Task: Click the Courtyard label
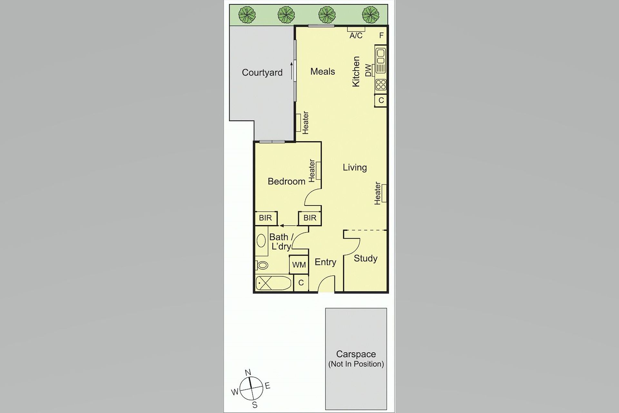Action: click(x=262, y=73)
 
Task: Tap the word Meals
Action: click(x=322, y=71)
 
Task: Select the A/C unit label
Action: click(x=356, y=35)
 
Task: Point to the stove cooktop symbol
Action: click(x=381, y=85)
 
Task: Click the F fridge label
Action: click(x=381, y=35)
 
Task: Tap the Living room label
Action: click(x=355, y=167)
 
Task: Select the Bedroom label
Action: click(x=286, y=181)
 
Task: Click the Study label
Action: click(x=365, y=258)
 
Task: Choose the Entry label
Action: click(x=325, y=262)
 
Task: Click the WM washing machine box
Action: click(x=299, y=265)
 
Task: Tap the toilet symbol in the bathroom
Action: click(x=261, y=265)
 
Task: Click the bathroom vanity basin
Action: click(x=260, y=240)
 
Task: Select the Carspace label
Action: click(x=356, y=354)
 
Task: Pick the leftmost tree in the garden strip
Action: click(x=247, y=15)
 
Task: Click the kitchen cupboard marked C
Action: click(x=381, y=100)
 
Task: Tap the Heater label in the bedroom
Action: click(x=312, y=170)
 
